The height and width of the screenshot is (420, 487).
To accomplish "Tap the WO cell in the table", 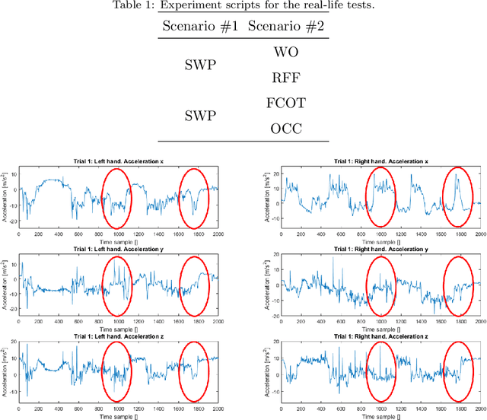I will (287, 53).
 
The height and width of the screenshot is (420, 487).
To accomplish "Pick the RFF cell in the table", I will (287, 77).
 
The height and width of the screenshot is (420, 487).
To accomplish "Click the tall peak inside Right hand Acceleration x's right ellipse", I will (457, 176).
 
